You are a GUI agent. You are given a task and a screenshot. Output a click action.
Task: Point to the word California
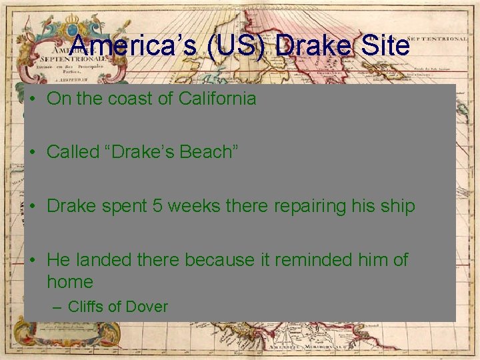(217, 99)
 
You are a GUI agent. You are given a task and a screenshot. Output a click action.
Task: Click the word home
(69, 282)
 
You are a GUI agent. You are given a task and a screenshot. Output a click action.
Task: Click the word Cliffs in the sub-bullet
(85, 307)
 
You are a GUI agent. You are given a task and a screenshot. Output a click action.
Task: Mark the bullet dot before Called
(33, 153)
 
